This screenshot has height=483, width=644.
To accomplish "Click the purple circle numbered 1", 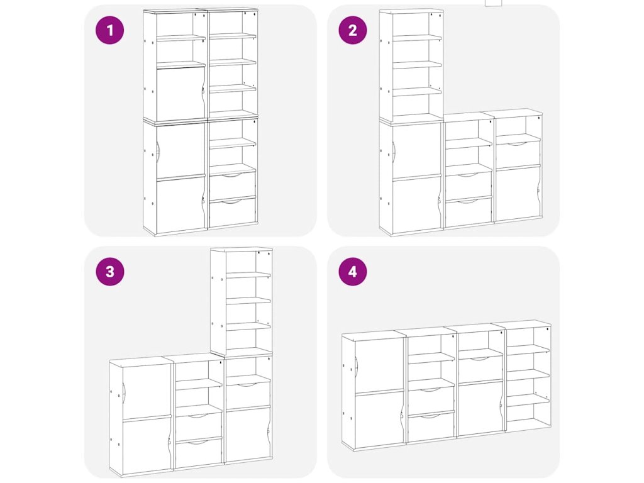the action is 109,30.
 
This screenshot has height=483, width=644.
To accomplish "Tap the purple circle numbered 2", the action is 353,30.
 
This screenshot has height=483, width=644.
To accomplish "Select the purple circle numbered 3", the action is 109,272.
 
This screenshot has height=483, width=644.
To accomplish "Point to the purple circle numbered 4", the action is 353,272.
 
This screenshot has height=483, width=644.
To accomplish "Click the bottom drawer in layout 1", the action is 233,212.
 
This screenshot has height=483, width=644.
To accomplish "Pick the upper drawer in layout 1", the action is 233,186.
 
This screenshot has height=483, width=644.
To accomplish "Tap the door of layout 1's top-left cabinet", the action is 180,94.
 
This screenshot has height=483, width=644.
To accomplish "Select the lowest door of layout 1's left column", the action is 180,204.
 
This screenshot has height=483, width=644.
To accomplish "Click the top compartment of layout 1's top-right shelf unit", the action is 233,23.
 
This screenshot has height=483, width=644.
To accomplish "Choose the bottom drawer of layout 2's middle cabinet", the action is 469,212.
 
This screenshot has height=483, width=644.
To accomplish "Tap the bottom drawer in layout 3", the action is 199,453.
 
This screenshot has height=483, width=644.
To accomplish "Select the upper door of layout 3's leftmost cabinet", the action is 147,391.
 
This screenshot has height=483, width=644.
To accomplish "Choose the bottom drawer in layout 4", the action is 431,427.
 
